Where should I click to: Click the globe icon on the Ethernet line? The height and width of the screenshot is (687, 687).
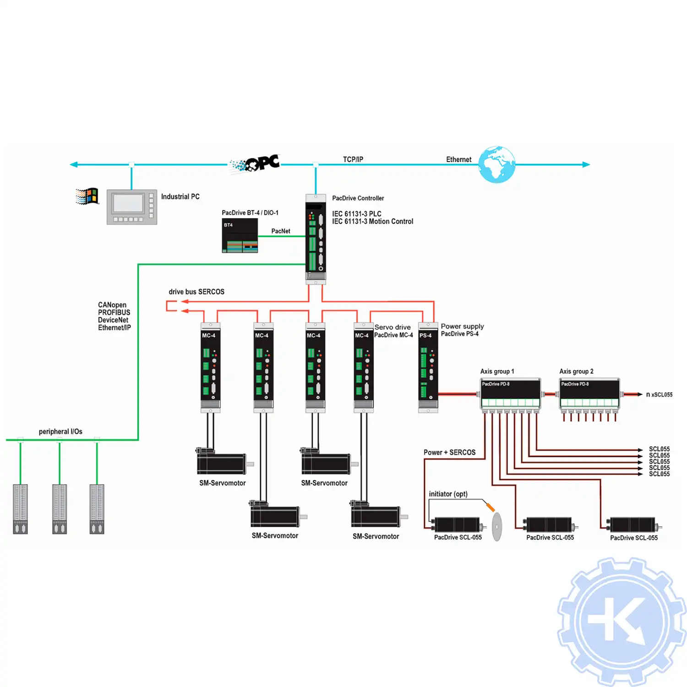[x=496, y=164]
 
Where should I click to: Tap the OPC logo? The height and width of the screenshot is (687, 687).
[x=256, y=164]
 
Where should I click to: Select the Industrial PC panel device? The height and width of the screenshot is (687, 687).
[x=132, y=207]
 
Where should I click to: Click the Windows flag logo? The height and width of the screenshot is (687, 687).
[x=87, y=196]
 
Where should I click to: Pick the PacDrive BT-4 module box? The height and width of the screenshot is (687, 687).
[x=240, y=235]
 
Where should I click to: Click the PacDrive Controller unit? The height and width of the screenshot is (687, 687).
[x=316, y=238]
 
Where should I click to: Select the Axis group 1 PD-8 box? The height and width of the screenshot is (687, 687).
[x=510, y=393]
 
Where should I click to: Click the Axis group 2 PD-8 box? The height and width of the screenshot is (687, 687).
[x=589, y=393]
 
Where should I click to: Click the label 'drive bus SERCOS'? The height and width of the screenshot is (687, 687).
[x=196, y=292]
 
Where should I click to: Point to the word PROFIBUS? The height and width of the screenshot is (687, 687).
[x=114, y=312]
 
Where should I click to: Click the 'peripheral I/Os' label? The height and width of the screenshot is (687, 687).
[x=60, y=431]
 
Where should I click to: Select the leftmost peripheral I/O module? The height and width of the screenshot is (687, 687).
[x=20, y=508]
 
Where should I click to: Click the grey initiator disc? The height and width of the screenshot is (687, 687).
[x=497, y=526]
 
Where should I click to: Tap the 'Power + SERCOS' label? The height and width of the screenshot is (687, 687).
[x=449, y=453]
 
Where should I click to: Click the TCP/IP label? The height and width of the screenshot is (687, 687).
[x=353, y=159]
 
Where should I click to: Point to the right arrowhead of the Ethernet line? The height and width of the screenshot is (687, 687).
[x=586, y=164]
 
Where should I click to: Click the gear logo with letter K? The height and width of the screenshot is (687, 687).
[x=622, y=622]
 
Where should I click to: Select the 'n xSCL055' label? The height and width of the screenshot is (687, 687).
[x=659, y=394]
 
